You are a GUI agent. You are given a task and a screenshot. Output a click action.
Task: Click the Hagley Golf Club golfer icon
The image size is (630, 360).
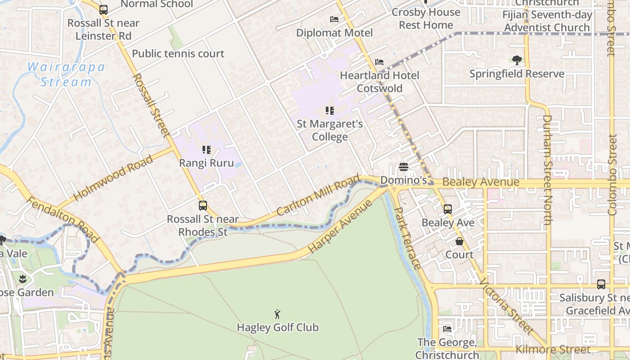[x=278, y=314]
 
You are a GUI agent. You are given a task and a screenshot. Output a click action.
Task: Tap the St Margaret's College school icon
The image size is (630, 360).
[x=330, y=110]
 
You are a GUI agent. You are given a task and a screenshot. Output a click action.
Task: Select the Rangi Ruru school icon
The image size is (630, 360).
[x=207, y=149]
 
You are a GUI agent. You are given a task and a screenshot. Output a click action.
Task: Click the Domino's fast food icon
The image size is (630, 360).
[x=404, y=167]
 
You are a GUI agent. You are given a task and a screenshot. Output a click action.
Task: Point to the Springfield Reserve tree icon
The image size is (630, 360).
[x=517, y=60]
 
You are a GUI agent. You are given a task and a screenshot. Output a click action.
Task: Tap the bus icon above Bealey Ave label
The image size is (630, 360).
[x=447, y=209]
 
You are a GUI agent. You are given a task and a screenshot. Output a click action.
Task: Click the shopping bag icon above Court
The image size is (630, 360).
[x=459, y=241]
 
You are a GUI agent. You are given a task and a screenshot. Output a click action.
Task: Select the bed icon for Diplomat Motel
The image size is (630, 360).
[x=334, y=19]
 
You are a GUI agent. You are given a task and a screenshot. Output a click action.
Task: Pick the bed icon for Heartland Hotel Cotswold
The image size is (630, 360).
[x=379, y=62]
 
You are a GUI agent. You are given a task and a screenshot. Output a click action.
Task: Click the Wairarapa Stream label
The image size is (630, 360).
[x=66, y=75]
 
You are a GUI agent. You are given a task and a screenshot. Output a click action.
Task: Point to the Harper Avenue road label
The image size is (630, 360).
[x=341, y=226]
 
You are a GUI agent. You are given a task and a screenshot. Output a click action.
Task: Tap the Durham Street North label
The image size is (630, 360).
[x=547, y=170]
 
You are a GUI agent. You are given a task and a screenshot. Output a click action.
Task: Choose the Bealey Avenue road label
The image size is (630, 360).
[x=481, y=182]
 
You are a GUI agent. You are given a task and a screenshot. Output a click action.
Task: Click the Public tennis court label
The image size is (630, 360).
[x=178, y=54]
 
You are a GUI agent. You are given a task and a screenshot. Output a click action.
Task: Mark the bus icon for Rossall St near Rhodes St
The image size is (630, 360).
[x=203, y=206]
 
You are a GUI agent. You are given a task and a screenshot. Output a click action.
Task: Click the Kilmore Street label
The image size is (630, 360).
[x=553, y=349]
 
